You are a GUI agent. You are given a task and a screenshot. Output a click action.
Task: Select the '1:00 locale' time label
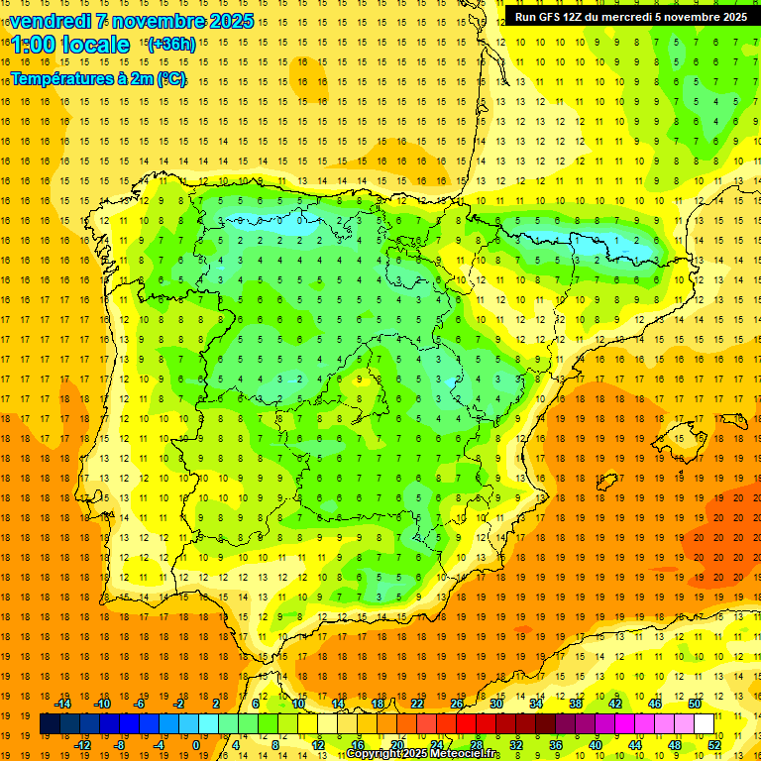pyautogui.click(x=70, y=45)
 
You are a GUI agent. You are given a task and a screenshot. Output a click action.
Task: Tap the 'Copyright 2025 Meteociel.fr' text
pyautogui.click(x=423, y=754)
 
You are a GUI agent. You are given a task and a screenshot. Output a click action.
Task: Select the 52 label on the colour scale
pyautogui.click(x=714, y=745)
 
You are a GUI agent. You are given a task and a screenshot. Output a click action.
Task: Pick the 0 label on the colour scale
pyautogui.click(x=195, y=745)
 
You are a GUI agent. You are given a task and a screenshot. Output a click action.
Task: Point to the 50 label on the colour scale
pyautogui.click(x=694, y=704)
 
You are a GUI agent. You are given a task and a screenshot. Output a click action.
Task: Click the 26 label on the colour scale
pyautogui.click(x=456, y=704)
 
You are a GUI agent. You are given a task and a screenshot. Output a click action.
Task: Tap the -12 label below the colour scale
pyautogui.click(x=83, y=745)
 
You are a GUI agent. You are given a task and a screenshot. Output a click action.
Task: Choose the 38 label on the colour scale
pyautogui.click(x=575, y=704)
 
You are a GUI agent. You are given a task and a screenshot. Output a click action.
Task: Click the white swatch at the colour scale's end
pyautogui.click(x=704, y=724)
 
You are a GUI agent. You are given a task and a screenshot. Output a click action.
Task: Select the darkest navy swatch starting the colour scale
pyautogui.click(x=50, y=724)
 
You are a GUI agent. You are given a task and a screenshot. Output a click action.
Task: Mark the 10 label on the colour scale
pyautogui.click(x=297, y=704)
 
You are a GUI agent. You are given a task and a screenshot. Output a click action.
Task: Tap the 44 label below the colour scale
pyautogui.click(x=635, y=745)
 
